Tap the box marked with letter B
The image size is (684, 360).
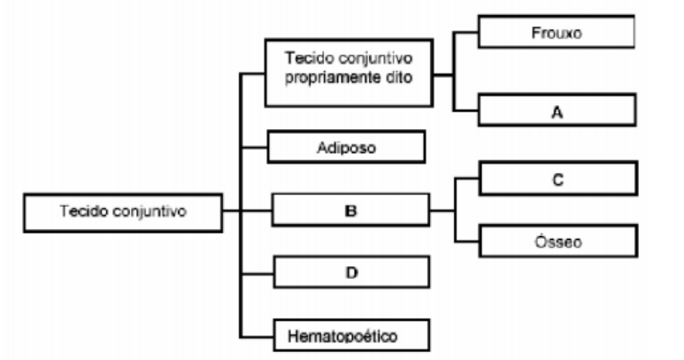(x=350, y=211)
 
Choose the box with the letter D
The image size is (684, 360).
(x=351, y=272)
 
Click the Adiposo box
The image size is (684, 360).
(x=346, y=148)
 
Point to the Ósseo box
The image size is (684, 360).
(x=557, y=240)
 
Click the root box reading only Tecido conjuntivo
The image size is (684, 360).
(x=123, y=211)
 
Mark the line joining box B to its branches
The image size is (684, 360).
(x=442, y=211)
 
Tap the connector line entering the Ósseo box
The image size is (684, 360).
(x=466, y=241)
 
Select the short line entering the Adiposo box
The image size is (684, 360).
(x=255, y=147)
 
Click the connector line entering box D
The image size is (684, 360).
(x=257, y=272)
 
